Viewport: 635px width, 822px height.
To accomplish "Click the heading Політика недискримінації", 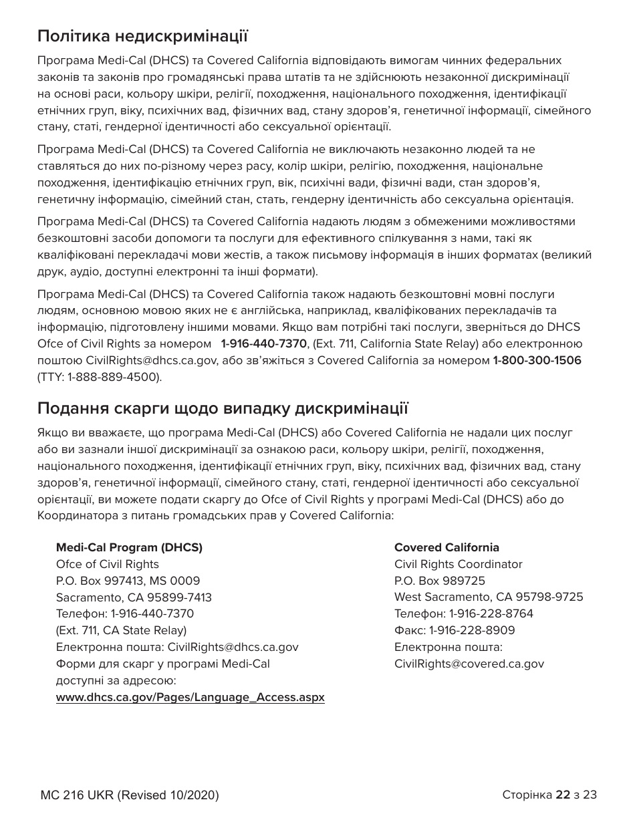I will (x=142, y=35).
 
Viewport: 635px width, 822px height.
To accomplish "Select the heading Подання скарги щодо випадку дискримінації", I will (x=223, y=408).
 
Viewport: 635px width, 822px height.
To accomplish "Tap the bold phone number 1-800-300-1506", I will (x=537, y=361).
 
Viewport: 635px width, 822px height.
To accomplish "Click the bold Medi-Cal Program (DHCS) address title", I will (x=129, y=548).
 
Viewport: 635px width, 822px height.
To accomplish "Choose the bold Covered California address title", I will (x=447, y=548).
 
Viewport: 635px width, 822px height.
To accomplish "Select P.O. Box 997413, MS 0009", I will (x=128, y=581).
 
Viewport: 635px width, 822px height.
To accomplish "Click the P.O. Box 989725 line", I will (x=440, y=581).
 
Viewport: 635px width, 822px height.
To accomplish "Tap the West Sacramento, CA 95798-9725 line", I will (x=489, y=597).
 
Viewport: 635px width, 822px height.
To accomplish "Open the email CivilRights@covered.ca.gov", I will (x=469, y=664).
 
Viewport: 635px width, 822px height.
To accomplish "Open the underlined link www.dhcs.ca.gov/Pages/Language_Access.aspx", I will (x=190, y=697).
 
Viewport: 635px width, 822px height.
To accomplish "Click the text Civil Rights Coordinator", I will (x=458, y=564).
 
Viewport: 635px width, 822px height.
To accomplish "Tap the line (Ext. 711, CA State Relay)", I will (x=121, y=630).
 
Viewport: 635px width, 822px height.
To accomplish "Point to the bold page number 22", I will (x=563, y=795).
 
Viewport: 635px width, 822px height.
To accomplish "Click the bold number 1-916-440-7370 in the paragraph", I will (x=263, y=344).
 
